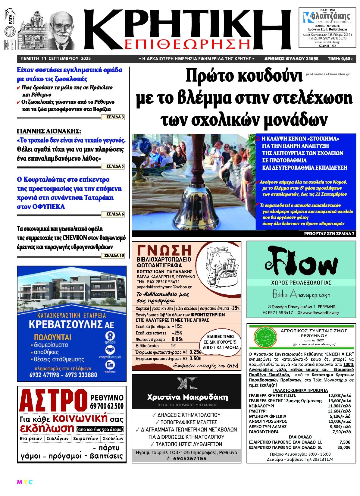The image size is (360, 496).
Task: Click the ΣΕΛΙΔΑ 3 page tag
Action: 115,117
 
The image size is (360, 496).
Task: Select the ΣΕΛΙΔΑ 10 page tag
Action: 114,256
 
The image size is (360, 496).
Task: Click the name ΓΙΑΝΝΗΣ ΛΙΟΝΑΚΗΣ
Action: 49,131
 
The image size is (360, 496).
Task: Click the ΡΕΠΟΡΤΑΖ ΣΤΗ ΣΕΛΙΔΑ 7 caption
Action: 329,234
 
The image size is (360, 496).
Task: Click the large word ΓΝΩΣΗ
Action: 164,250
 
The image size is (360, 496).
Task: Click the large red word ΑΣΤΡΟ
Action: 53,402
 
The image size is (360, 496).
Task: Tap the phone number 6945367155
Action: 186,458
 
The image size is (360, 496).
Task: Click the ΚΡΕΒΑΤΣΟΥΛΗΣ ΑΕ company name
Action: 71,324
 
